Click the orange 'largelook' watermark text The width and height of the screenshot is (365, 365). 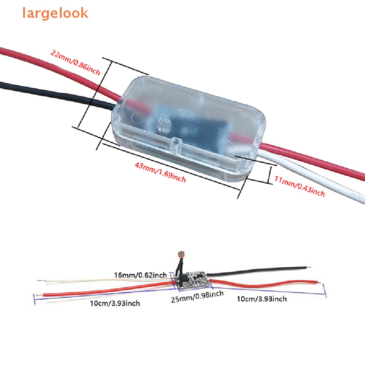[x=55, y=13]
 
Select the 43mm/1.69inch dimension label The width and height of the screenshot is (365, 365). [x=160, y=172]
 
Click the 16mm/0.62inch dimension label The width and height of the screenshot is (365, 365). [x=140, y=275]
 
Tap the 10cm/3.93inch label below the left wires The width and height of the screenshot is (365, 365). [x=114, y=303]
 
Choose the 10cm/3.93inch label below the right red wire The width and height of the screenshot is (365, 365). [x=262, y=299]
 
